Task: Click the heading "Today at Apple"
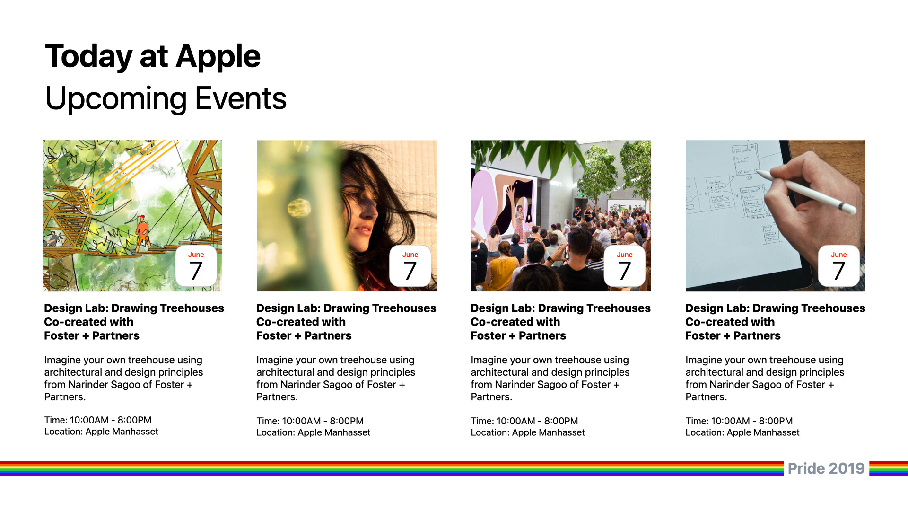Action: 153,56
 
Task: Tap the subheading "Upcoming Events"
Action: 166,98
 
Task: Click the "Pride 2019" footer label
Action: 826,468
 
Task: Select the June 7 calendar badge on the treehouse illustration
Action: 196,266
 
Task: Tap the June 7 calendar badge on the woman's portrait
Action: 410,266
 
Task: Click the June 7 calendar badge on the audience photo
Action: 625,266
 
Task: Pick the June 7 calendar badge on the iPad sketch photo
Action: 839,266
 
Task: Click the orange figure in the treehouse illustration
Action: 141,232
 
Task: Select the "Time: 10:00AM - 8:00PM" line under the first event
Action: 98,420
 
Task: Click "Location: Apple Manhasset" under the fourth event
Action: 742,432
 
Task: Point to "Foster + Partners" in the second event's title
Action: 304,336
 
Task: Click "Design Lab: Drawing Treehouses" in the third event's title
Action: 560,308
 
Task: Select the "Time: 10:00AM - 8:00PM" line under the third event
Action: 524,421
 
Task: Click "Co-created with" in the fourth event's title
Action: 730,322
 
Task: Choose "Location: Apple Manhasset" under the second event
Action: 314,432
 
